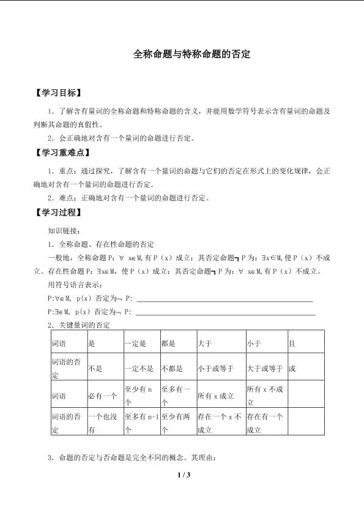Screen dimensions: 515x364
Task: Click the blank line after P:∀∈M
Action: (225, 300)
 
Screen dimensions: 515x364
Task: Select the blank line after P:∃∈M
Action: (226, 312)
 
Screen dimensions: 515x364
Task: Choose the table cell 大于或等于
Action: (265, 369)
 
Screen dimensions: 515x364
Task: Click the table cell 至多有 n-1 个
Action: (141, 423)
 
